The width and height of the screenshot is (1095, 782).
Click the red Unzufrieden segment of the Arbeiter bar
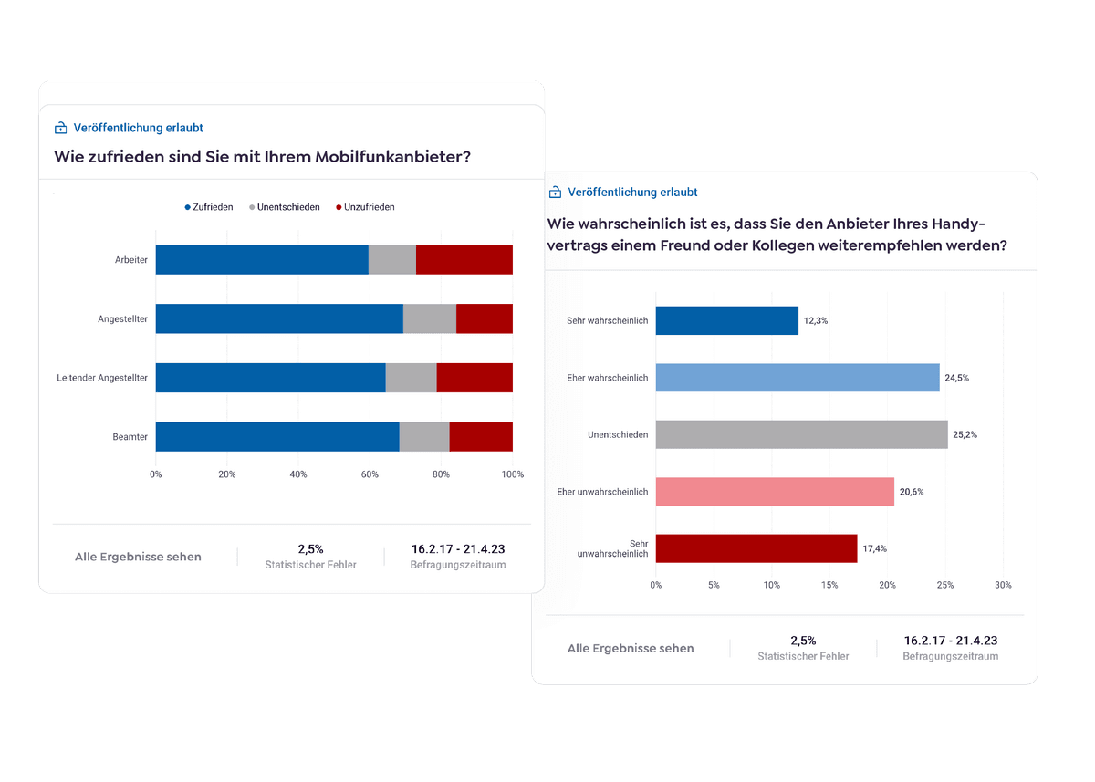click(x=464, y=260)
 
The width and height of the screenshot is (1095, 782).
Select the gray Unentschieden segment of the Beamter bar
click(x=424, y=437)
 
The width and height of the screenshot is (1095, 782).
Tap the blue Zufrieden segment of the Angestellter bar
click(x=279, y=318)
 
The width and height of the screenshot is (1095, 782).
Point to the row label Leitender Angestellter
click(x=102, y=378)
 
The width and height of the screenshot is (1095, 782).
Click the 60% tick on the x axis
click(x=370, y=474)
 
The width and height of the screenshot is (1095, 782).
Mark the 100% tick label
click(x=512, y=474)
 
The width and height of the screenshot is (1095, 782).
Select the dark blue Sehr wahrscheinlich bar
click(x=726, y=320)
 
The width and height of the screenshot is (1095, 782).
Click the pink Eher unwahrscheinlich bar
click(x=775, y=492)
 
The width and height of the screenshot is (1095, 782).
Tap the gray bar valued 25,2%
click(x=801, y=434)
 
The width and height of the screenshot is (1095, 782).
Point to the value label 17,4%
click(x=875, y=549)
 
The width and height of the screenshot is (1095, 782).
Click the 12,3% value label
click(x=816, y=321)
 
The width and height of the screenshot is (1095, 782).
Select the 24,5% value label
click(x=957, y=378)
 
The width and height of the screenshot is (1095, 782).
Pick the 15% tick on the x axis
click(x=829, y=585)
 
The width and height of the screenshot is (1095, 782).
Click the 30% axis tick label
click(x=1002, y=585)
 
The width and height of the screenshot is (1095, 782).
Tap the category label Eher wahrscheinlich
click(x=607, y=378)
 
